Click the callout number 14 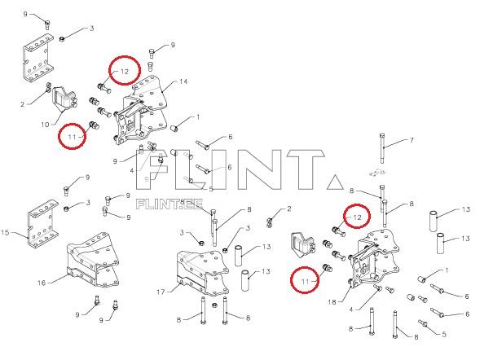point(183,81)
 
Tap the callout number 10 point(45,125)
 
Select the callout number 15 point(6,232)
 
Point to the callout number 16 point(42,283)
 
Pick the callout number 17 point(161,292)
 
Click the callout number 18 point(332,302)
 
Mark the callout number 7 point(412,140)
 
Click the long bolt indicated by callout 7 point(382,148)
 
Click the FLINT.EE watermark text point(170,204)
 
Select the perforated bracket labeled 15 point(42,223)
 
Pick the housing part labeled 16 point(92,260)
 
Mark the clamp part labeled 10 point(65,99)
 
